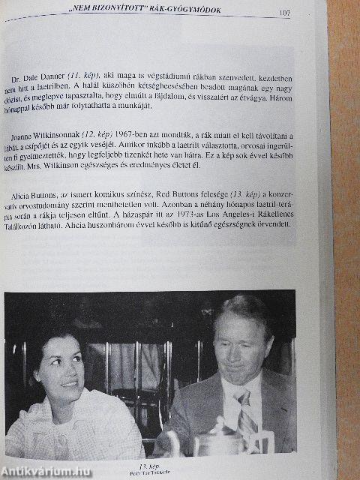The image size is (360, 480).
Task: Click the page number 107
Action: (284, 12)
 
